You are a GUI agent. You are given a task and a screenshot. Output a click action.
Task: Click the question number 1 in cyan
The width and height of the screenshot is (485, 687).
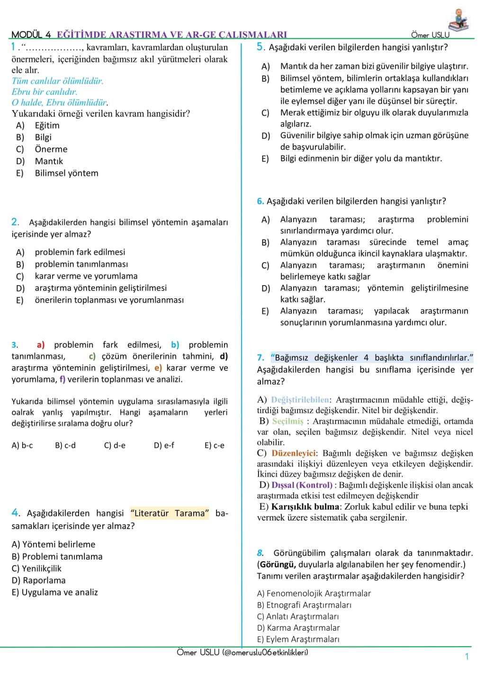pyautogui.click(x=14, y=47)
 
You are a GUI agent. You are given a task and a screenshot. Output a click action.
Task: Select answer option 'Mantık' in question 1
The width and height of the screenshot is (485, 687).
pyautogui.click(x=49, y=161)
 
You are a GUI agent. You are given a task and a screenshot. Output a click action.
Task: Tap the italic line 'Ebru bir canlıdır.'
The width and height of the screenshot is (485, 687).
pyautogui.click(x=44, y=92)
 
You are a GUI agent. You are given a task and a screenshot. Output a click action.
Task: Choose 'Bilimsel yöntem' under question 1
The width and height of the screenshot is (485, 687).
pyautogui.click(x=66, y=173)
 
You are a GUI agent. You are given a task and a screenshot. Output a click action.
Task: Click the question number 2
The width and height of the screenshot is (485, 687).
pyautogui.click(x=15, y=222)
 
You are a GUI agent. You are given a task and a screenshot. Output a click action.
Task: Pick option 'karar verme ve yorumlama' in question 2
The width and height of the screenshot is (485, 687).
pyautogui.click(x=86, y=276)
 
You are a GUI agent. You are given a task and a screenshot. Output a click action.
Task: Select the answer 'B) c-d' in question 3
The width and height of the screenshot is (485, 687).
pyautogui.click(x=65, y=446)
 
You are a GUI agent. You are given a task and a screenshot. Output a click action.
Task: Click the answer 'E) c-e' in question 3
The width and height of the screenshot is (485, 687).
pyautogui.click(x=215, y=446)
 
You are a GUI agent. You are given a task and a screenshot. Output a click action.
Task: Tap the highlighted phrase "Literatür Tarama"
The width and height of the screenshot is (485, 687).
pyautogui.click(x=170, y=513)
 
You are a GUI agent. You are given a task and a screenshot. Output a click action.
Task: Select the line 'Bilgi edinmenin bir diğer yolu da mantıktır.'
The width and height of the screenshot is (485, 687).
pyautogui.click(x=361, y=158)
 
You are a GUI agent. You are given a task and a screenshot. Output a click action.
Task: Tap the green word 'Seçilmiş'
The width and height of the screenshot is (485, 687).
pyautogui.click(x=287, y=421)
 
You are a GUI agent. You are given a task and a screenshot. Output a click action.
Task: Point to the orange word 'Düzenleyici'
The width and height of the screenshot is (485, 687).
pyautogui.click(x=293, y=453)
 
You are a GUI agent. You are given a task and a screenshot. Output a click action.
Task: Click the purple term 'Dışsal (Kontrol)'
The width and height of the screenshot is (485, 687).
pyautogui.click(x=302, y=485)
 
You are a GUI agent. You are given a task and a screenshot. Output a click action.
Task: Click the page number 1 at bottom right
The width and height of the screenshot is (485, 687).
pyautogui.click(x=467, y=657)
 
